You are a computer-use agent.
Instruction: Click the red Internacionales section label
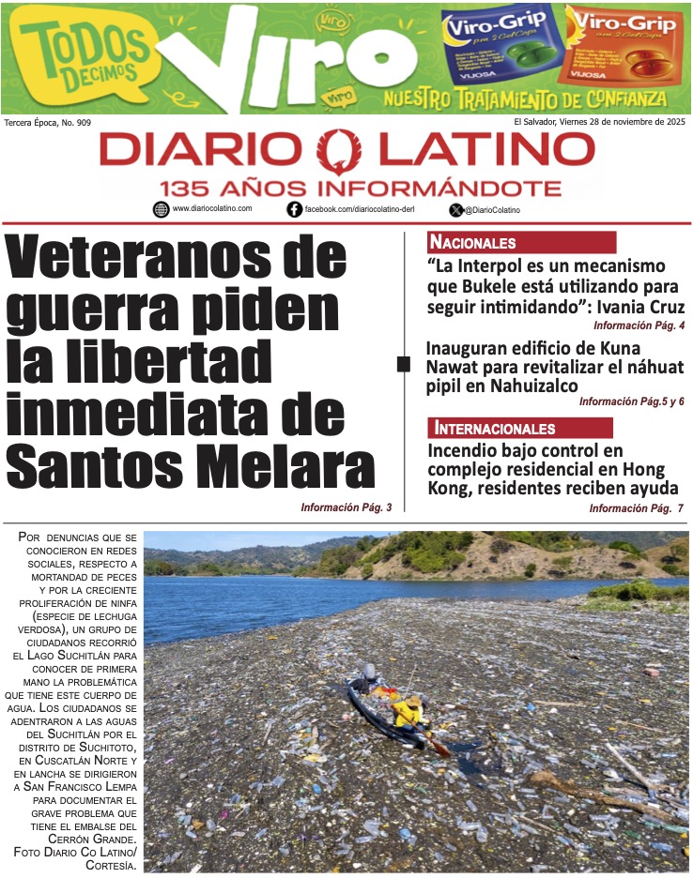[x=495, y=429]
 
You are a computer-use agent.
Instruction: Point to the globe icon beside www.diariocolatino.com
[x=161, y=209]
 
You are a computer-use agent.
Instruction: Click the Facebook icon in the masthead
[x=294, y=210]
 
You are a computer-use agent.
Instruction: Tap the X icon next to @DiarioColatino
[x=456, y=210]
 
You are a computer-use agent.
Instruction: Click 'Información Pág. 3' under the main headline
[x=346, y=507]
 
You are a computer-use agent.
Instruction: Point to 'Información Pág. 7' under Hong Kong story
[x=636, y=508]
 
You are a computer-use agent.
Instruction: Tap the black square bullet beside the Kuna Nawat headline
[x=403, y=364]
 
